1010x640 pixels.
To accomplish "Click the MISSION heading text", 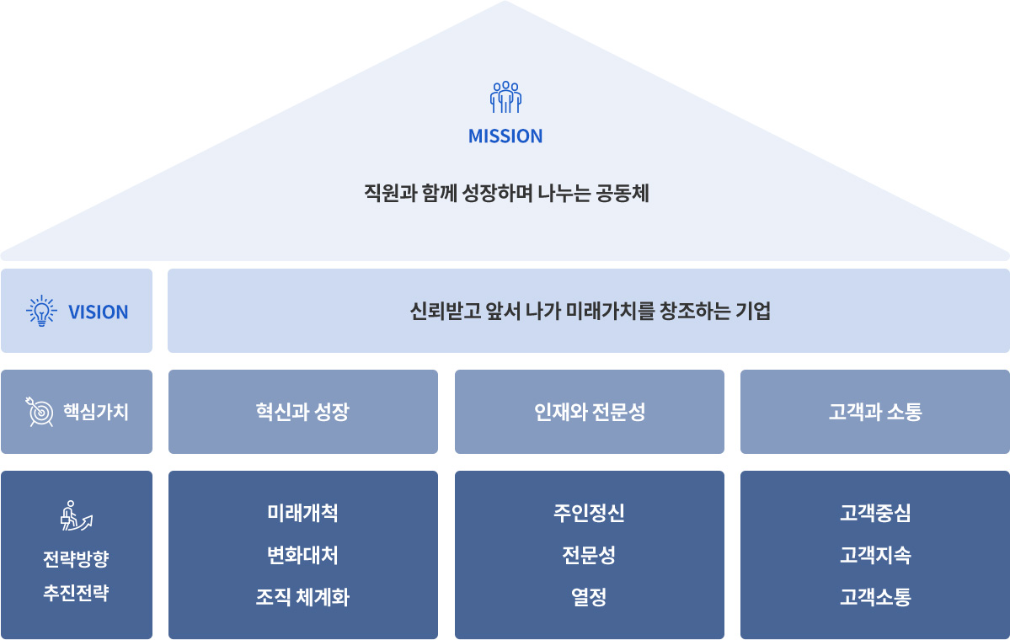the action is tap(505, 136).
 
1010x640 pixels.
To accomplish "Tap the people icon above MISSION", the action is tap(505, 97).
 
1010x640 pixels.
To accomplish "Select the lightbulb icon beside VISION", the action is tap(42, 311).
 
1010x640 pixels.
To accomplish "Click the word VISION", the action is tap(98, 312).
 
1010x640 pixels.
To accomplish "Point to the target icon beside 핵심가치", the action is tap(40, 412).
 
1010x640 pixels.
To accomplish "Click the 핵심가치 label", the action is tap(96, 412).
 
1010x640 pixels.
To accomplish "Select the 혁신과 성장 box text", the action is tap(302, 412).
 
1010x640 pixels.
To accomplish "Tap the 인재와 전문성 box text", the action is tap(590, 412).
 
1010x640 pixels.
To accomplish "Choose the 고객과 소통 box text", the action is tap(874, 412).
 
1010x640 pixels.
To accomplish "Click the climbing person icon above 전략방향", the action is tap(76, 515).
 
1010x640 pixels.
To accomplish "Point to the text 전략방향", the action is tap(76, 559).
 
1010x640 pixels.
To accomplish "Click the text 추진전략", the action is tap(76, 593).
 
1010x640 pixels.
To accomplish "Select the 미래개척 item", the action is tap(302, 513).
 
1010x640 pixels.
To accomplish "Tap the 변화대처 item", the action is tap(302, 555).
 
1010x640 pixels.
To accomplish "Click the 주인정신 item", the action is tap(590, 513).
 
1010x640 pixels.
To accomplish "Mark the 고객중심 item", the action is tap(875, 513).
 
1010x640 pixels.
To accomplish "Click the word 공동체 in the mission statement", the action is tap(623, 193).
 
